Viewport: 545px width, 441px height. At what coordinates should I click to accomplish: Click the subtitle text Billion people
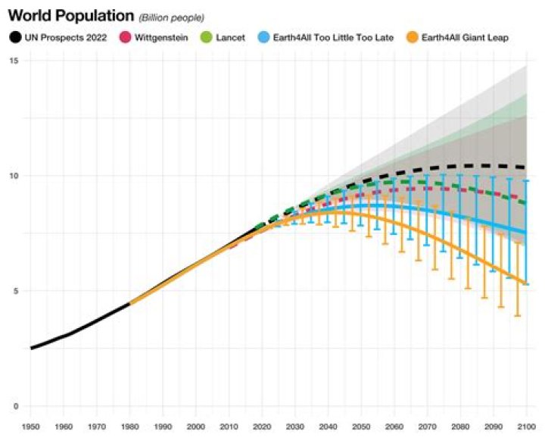click(x=172, y=17)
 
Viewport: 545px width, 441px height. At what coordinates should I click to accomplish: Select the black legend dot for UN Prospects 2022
click(x=14, y=36)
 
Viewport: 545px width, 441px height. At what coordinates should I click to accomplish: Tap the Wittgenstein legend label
click(x=161, y=36)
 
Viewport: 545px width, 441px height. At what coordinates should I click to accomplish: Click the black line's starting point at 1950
click(x=32, y=348)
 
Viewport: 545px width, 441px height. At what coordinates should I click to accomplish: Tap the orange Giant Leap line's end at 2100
click(x=526, y=284)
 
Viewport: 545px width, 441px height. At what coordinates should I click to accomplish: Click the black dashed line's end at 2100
click(x=526, y=167)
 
